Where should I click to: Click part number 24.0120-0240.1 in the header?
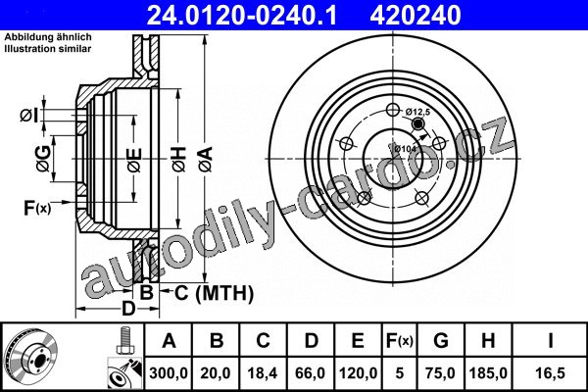point(242,15)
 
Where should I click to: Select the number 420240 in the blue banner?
point(416,15)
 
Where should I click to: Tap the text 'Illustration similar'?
point(48,49)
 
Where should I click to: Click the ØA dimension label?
point(205,160)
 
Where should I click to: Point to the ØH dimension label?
point(179,160)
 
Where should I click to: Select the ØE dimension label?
point(134,160)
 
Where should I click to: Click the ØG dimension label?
point(43,159)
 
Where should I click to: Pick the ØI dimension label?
point(29,116)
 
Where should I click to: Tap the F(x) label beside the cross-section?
point(37,208)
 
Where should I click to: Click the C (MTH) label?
point(214,293)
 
